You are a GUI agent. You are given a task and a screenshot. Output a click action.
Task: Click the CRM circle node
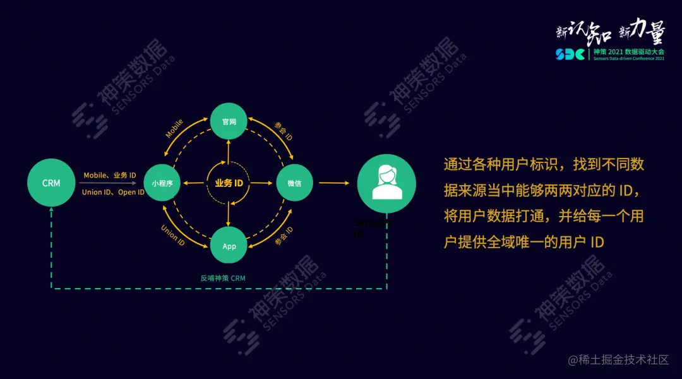[x=51, y=183]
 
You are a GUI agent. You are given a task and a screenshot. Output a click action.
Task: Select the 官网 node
[x=229, y=121]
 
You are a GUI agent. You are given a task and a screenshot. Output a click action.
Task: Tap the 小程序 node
[x=162, y=183]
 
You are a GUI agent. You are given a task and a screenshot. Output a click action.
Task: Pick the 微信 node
[x=294, y=183]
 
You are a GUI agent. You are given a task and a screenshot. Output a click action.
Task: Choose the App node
[x=229, y=246]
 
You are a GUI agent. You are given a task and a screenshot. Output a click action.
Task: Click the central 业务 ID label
[x=229, y=183]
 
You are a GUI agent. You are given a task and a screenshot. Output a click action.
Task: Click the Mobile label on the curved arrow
[x=175, y=128]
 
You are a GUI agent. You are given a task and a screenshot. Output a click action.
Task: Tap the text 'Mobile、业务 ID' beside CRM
[x=110, y=175]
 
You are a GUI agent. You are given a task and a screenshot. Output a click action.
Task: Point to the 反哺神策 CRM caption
[x=222, y=278]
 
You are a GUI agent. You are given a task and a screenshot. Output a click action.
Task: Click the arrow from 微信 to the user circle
[x=333, y=183]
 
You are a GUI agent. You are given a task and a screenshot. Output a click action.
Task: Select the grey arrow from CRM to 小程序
[x=107, y=183]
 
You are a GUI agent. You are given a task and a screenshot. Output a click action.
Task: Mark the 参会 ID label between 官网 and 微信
[x=284, y=131]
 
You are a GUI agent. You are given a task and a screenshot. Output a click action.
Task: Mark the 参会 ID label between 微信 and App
[x=284, y=236]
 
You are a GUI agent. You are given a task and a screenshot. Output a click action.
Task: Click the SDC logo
[x=570, y=54]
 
